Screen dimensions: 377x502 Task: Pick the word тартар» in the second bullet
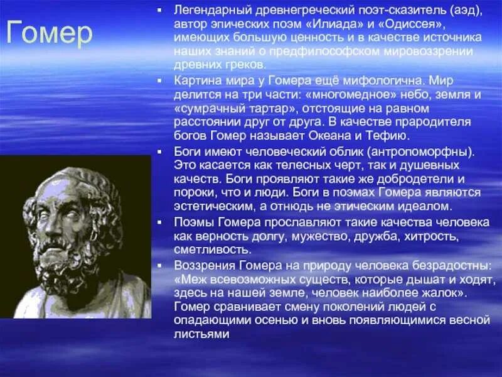pyautogui.click(x=259, y=108)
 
